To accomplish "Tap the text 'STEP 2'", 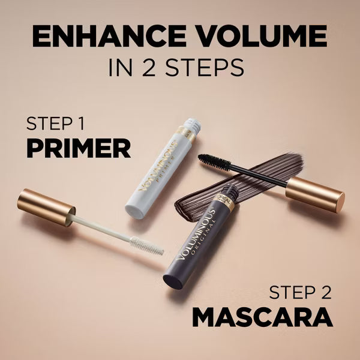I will (299, 293).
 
